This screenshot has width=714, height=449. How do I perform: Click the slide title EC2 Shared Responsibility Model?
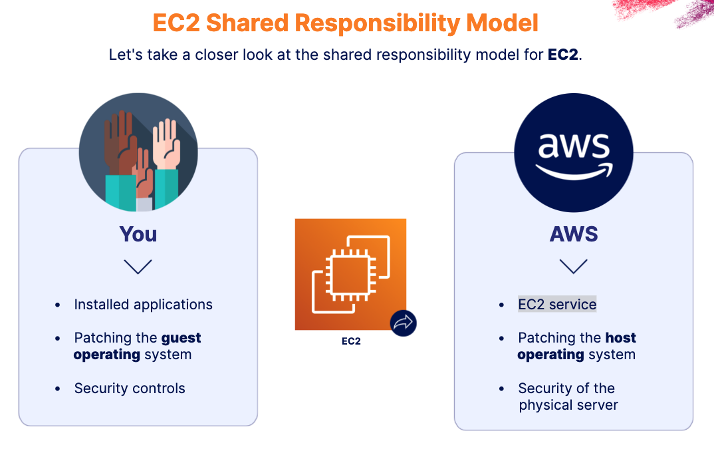point(345,23)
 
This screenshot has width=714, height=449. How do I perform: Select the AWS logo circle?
point(573,153)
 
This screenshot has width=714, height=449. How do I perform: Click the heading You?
point(138,234)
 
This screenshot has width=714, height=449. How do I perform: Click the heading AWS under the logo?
point(574,234)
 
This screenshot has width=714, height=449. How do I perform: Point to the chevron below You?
point(138,267)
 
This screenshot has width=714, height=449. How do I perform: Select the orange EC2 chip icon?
point(350,274)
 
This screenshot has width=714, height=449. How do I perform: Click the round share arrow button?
point(403,323)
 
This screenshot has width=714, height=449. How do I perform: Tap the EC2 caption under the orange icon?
point(351,342)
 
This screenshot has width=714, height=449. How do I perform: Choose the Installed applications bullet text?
point(143,305)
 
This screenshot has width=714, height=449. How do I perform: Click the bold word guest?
point(181,338)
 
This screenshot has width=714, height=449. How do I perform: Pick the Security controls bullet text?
point(130,388)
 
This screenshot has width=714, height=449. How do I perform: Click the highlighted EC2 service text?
point(557,305)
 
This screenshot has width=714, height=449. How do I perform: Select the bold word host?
point(620,338)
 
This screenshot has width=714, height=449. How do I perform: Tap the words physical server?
point(568,405)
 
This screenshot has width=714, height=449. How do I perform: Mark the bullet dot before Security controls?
point(59,389)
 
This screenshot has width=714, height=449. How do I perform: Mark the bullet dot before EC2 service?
point(502,305)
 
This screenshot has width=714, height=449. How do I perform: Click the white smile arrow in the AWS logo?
point(573,172)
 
